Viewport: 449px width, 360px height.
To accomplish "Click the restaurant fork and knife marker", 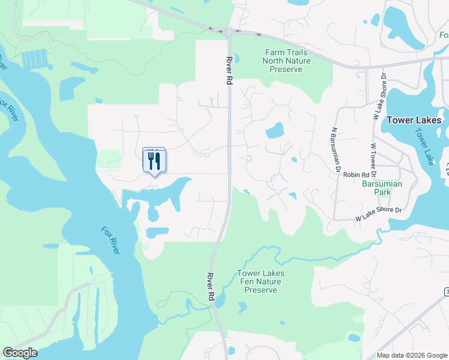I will (x=154, y=161).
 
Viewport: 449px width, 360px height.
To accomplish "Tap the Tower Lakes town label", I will (x=414, y=120).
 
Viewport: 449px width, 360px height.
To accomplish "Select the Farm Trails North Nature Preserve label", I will (x=288, y=61).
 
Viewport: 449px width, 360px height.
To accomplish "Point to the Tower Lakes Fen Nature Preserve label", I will (x=261, y=281).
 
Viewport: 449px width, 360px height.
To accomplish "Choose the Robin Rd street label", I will (x=356, y=175).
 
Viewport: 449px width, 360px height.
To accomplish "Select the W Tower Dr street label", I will (x=373, y=160).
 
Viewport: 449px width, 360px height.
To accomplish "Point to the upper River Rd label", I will (x=229, y=71).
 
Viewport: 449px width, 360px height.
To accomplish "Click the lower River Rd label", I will (x=210, y=287).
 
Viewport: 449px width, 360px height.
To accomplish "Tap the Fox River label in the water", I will (x=110, y=239).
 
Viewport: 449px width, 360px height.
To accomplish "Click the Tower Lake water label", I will (x=423, y=147).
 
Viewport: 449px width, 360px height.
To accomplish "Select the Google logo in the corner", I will (x=20, y=353).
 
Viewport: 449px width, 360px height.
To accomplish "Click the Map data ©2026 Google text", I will (x=411, y=355).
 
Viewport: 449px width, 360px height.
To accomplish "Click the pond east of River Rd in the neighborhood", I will (x=274, y=130).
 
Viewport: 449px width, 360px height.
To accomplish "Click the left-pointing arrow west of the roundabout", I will (x=211, y=28).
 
